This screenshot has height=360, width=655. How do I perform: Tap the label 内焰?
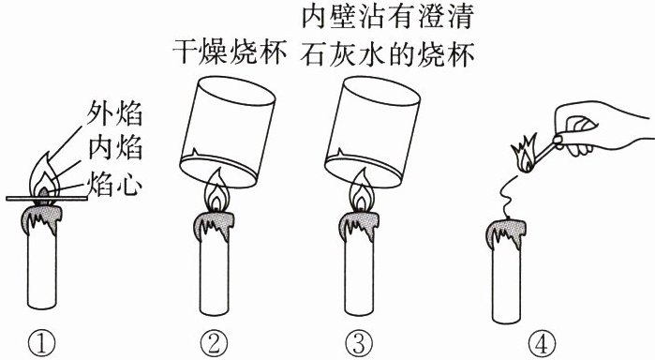coord(115,148)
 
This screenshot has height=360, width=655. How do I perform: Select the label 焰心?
coord(115,184)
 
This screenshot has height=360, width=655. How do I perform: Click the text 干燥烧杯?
coord(230,52)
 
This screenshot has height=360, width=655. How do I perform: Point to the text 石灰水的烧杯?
coord(388,53)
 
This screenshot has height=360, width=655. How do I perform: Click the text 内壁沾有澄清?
coord(388,16)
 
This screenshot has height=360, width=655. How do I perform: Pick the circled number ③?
coord(359,344)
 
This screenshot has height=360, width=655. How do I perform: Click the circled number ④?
coord(543,344)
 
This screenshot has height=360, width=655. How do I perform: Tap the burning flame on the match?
coord(524,154)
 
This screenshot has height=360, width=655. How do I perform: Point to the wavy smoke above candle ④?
coord(508,197)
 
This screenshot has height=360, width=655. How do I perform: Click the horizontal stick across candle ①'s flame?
coord(47,198)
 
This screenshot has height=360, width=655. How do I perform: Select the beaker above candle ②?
coord(228,131)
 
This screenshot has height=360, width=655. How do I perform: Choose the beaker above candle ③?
coord(372,131)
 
